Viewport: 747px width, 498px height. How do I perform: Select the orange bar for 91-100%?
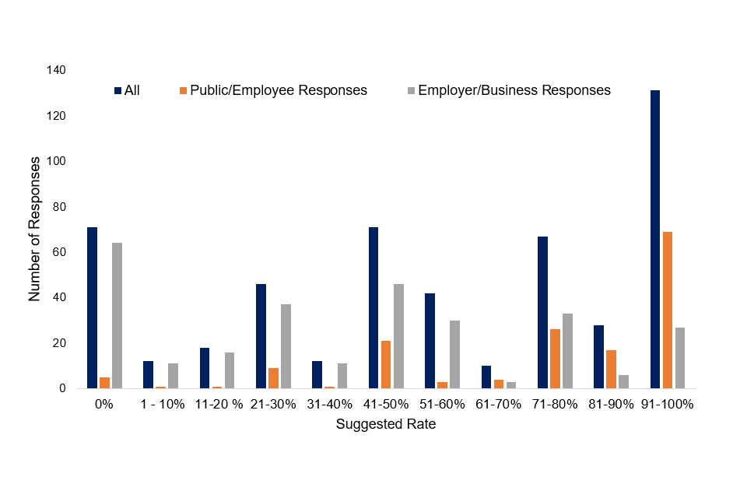tap(668, 310)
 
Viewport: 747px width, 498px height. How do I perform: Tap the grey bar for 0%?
tap(117, 315)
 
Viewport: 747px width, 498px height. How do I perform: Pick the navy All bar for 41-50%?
tap(373, 307)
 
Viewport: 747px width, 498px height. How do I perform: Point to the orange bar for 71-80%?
tap(555, 359)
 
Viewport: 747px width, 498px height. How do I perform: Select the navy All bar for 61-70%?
tap(486, 377)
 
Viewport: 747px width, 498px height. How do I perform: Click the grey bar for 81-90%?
tap(624, 381)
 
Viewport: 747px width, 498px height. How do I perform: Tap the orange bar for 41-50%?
tap(386, 364)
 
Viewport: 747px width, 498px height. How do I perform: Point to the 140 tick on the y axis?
tap(57, 70)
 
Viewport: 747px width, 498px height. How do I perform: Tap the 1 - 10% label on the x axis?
tap(162, 405)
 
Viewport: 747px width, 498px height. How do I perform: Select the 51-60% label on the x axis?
tap(443, 405)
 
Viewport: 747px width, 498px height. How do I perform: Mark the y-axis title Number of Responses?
tap(35, 229)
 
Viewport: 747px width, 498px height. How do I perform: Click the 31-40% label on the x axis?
tap(330, 405)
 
